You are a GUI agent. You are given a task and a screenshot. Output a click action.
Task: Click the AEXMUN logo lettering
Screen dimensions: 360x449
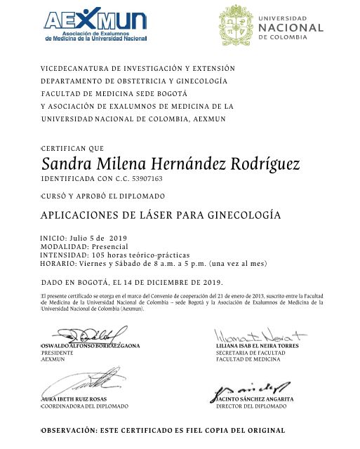pos(95,20)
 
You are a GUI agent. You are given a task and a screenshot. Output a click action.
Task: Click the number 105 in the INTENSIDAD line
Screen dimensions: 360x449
pos(101,255)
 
